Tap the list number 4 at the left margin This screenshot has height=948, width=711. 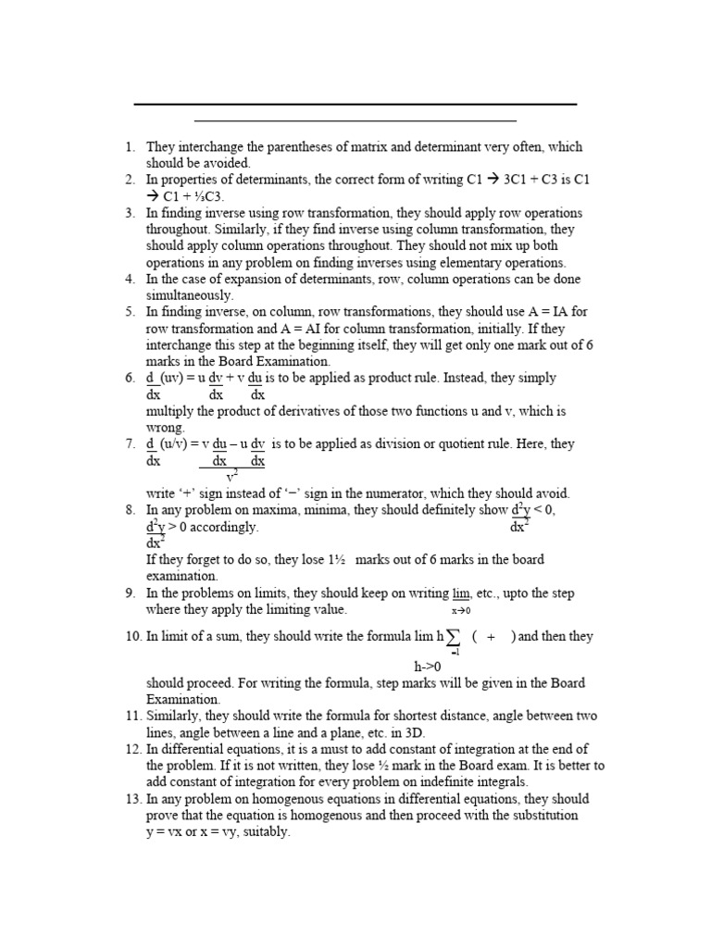coord(130,279)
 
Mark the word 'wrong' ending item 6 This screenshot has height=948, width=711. coord(164,428)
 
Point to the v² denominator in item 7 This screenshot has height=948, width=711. coord(231,477)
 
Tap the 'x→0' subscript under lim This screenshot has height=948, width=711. coord(461,611)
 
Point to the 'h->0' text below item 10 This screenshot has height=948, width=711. coord(428,667)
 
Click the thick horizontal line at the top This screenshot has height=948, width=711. coord(355,104)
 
